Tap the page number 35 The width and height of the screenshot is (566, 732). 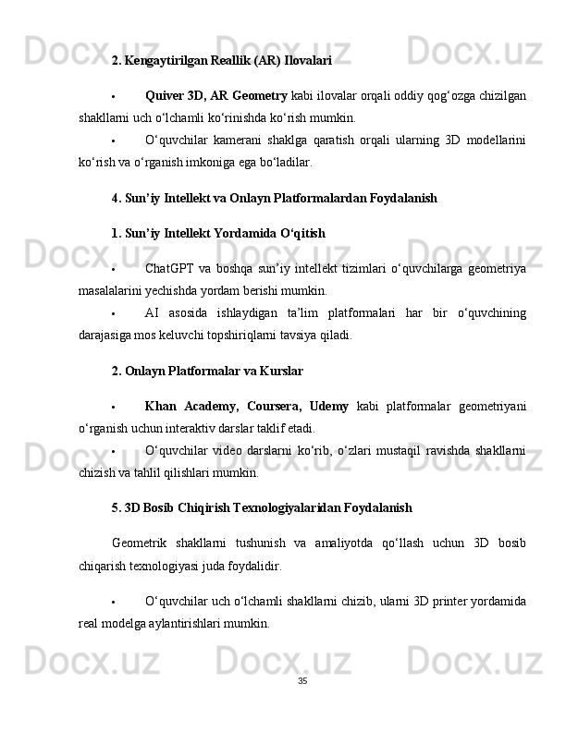[302, 681]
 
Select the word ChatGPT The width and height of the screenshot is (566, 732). [168, 268]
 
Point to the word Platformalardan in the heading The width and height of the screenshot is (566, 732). [311, 198]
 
